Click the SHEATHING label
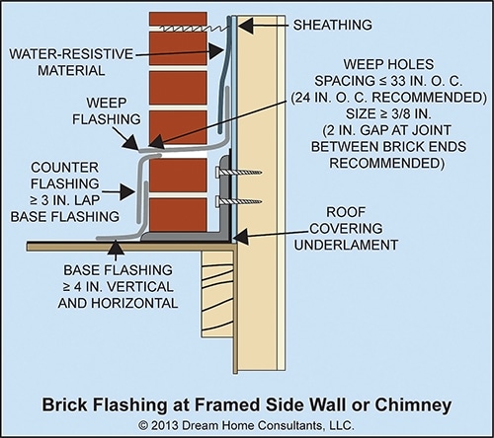tap(332, 25)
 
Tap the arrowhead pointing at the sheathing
tap(245, 26)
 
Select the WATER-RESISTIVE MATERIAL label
tap(71, 62)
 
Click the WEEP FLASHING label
tap(107, 110)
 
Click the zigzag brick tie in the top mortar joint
tap(195, 29)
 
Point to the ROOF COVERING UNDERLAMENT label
tap(346, 229)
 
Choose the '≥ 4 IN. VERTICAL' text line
tap(118, 287)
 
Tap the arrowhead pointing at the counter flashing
tap(126, 191)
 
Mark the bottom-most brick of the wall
tap(178, 215)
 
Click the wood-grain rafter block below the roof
tap(218, 294)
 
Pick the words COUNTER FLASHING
tap(65, 176)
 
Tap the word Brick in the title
tap(62, 405)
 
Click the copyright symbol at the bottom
tap(143, 426)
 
